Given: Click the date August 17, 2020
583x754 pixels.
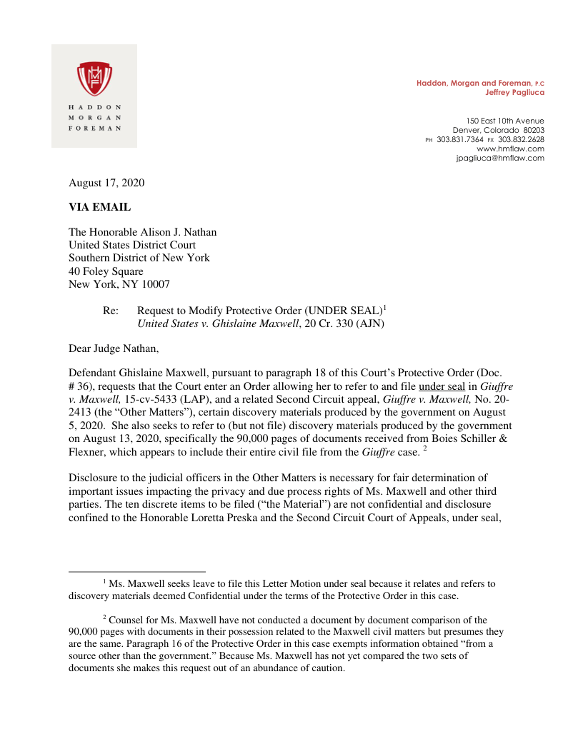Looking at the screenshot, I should (x=106, y=183).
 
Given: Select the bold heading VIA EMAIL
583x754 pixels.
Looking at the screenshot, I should (x=100, y=207).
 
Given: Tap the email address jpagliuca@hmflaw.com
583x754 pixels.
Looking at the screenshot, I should (x=499, y=158).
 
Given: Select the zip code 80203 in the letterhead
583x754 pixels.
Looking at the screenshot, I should (x=533, y=130).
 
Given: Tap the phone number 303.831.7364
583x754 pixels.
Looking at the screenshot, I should (x=460, y=139).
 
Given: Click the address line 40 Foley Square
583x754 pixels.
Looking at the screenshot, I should (x=106, y=271).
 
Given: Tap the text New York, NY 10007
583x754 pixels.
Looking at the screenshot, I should (x=119, y=284).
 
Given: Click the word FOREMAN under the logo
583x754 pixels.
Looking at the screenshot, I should (x=94, y=129).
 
